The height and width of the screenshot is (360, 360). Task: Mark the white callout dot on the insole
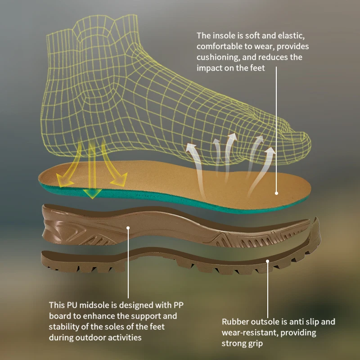[x=277, y=193]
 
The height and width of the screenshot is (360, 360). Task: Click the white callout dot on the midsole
[x=128, y=228]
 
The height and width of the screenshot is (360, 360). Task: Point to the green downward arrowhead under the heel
[x=92, y=194]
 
